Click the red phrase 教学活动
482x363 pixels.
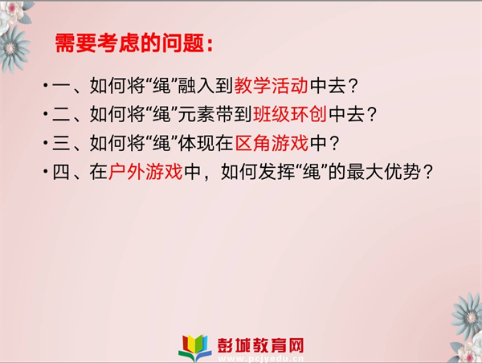(272, 85)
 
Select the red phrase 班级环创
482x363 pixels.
(290, 114)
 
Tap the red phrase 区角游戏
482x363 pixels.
(272, 143)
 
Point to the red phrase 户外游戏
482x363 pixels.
(145, 172)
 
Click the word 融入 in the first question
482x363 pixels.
(197, 85)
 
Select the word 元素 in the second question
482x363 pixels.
(197, 114)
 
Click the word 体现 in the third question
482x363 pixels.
(197, 143)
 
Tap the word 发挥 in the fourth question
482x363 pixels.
(276, 172)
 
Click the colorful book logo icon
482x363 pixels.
(195, 347)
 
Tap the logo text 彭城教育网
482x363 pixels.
(260, 345)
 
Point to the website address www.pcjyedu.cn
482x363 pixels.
(260, 358)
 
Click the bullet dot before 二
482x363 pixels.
(46, 114)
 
